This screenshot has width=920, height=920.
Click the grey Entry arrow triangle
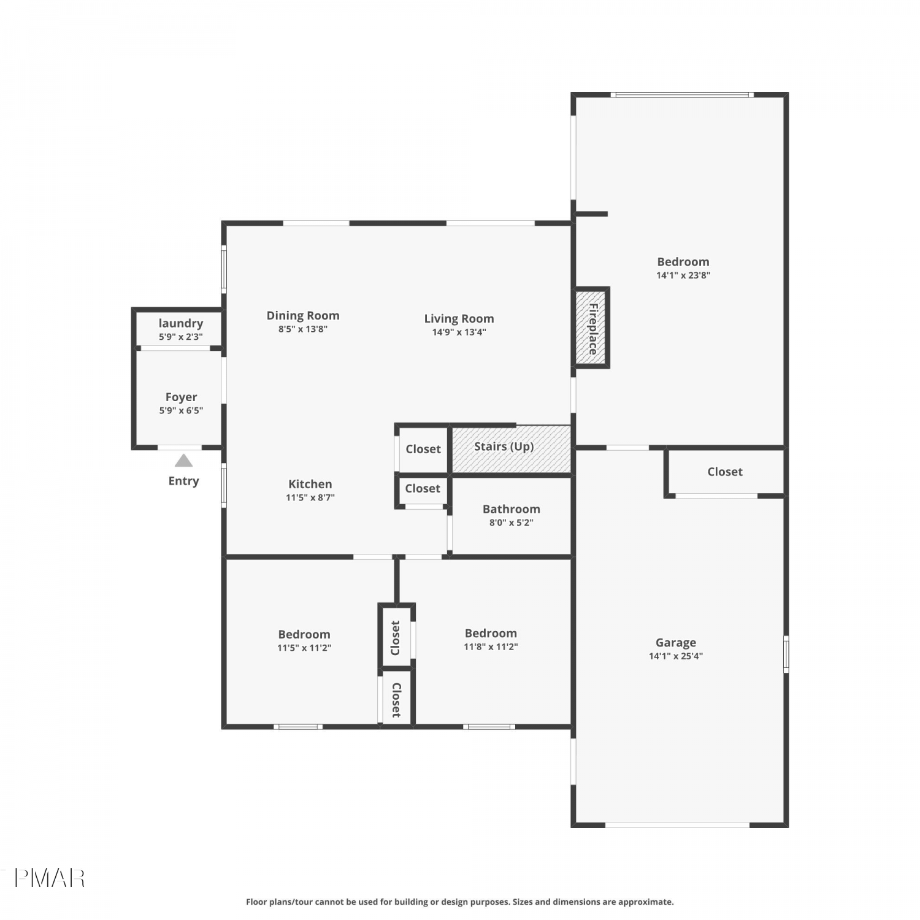coord(183,461)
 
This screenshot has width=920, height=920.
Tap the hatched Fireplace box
coord(592,328)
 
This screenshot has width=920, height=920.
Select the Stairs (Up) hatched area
coord(512,449)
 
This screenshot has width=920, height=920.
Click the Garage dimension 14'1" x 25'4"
coord(676,656)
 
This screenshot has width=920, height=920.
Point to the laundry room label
coord(180,323)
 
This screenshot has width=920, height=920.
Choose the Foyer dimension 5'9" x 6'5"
coord(181,411)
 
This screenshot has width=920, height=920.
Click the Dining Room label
coord(303,316)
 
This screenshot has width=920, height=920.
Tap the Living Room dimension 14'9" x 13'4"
coord(459,332)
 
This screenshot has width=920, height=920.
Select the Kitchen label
coord(310,484)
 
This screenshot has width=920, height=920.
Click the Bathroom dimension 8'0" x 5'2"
coord(511,523)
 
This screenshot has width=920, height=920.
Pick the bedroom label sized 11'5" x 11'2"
coord(304,634)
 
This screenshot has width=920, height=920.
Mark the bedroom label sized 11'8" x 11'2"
coord(491,633)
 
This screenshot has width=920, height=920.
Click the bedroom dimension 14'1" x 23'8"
coord(683,275)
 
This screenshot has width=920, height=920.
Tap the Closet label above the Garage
coord(725,472)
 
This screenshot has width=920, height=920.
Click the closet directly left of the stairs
coord(423,449)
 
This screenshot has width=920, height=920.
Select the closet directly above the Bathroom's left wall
coord(423,489)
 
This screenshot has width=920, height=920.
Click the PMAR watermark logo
coord(49,878)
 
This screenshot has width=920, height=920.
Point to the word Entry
coord(184,481)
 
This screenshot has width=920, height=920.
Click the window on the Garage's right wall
coord(786,654)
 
